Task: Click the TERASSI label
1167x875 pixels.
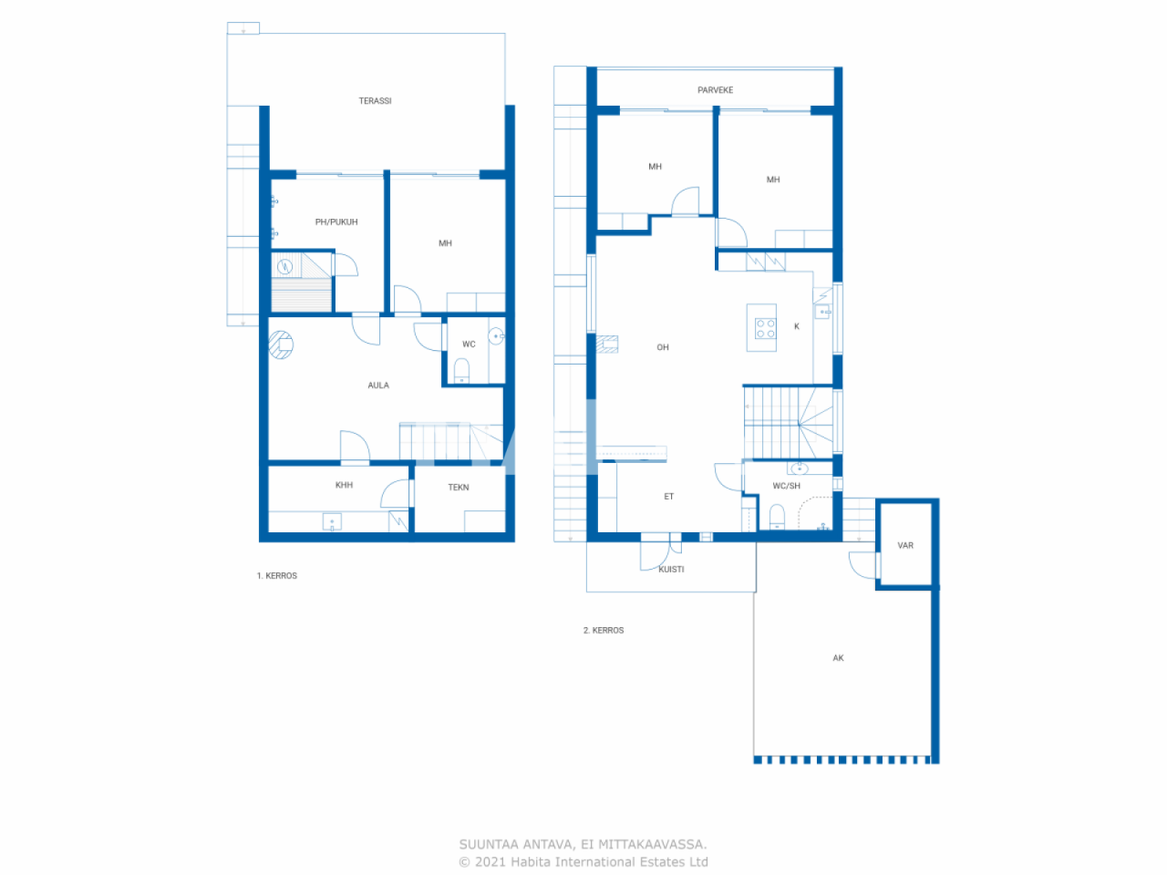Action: pyautogui.click(x=375, y=101)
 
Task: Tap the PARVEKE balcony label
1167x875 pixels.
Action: pyautogui.click(x=715, y=90)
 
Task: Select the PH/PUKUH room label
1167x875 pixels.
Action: pyautogui.click(x=336, y=222)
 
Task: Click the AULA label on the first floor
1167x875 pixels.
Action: pyautogui.click(x=378, y=386)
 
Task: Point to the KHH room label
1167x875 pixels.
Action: pyautogui.click(x=344, y=485)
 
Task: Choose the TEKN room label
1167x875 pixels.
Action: pyautogui.click(x=459, y=488)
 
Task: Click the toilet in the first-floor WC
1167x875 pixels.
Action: pyautogui.click(x=462, y=369)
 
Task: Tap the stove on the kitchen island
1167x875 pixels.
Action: pyautogui.click(x=765, y=328)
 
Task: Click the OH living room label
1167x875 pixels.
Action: pyautogui.click(x=663, y=347)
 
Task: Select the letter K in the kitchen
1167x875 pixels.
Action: pyautogui.click(x=797, y=326)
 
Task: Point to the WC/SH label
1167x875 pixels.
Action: pyautogui.click(x=786, y=486)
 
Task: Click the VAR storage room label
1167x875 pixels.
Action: pyautogui.click(x=905, y=546)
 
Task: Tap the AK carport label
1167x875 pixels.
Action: pyautogui.click(x=838, y=658)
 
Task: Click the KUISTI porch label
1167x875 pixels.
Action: pyautogui.click(x=671, y=570)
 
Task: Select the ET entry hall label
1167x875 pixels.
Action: pyautogui.click(x=668, y=497)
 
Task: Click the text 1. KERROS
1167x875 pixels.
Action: pyautogui.click(x=277, y=576)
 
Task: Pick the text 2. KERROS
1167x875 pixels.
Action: pyautogui.click(x=604, y=631)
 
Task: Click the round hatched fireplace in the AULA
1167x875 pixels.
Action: pyautogui.click(x=281, y=345)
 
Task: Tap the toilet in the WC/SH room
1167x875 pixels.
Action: pyautogui.click(x=777, y=518)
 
